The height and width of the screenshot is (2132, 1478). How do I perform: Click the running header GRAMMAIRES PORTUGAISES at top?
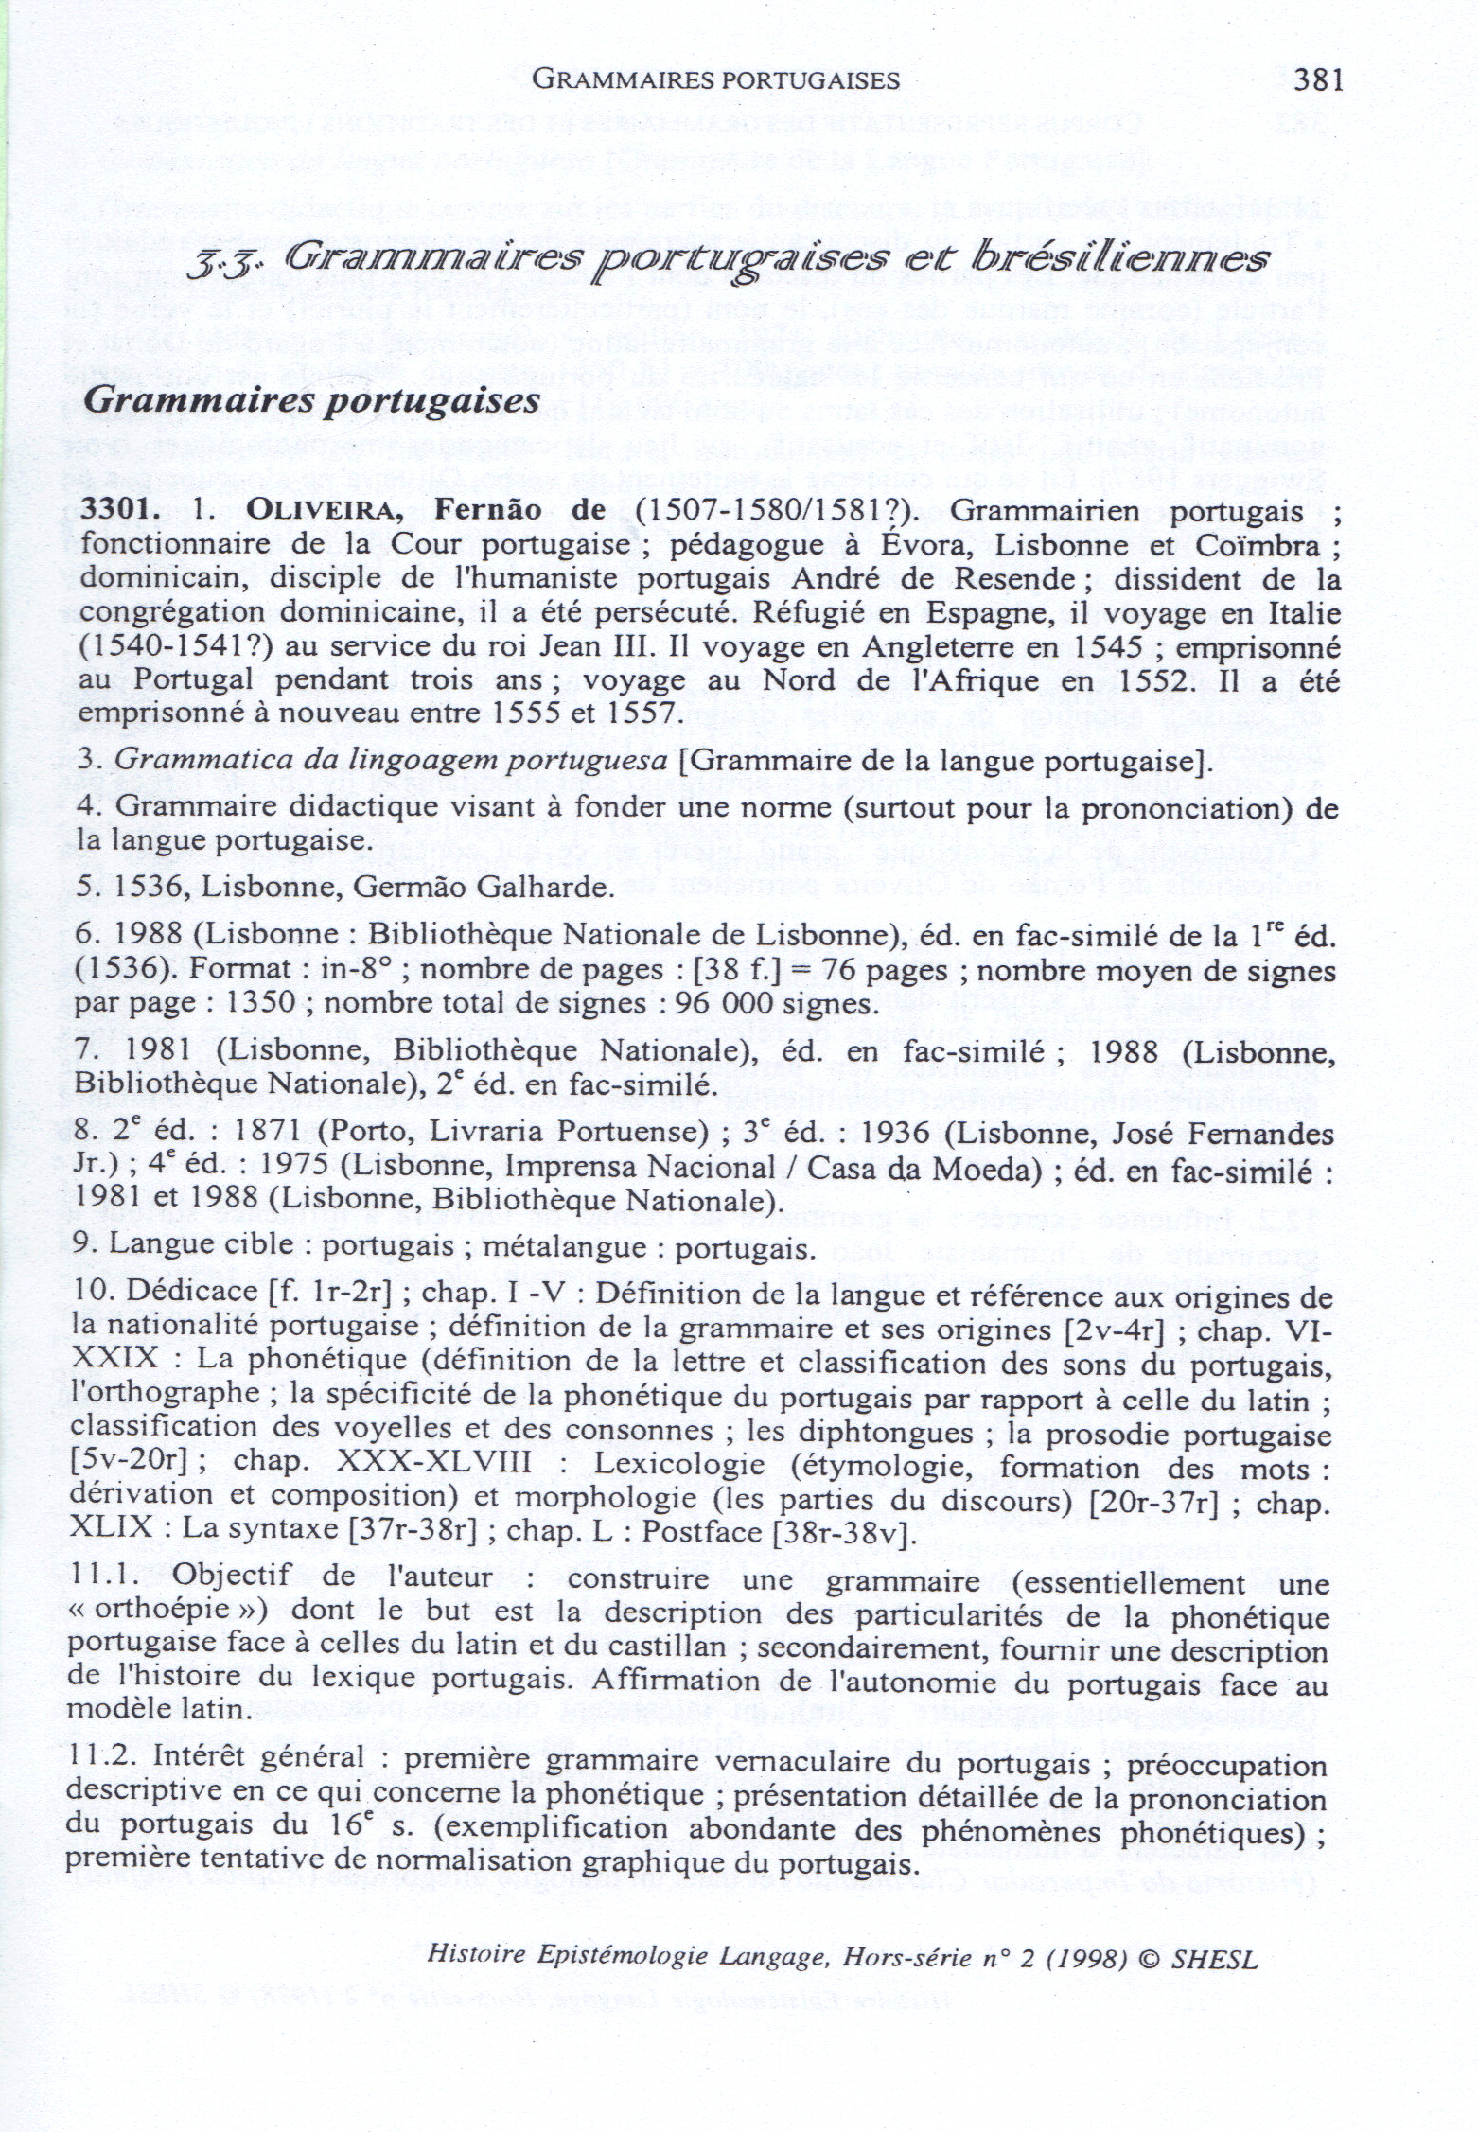pos(715,80)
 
